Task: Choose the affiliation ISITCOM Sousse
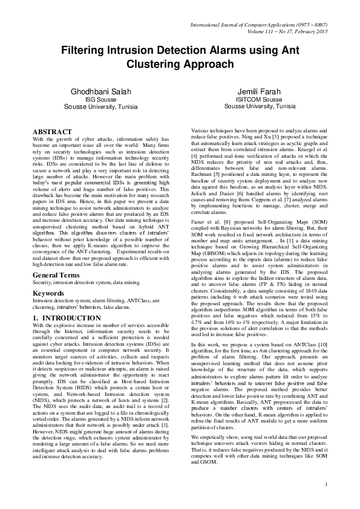click(x=259, y=99)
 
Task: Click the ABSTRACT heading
click(x=52, y=132)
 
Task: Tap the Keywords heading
click(x=48, y=276)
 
